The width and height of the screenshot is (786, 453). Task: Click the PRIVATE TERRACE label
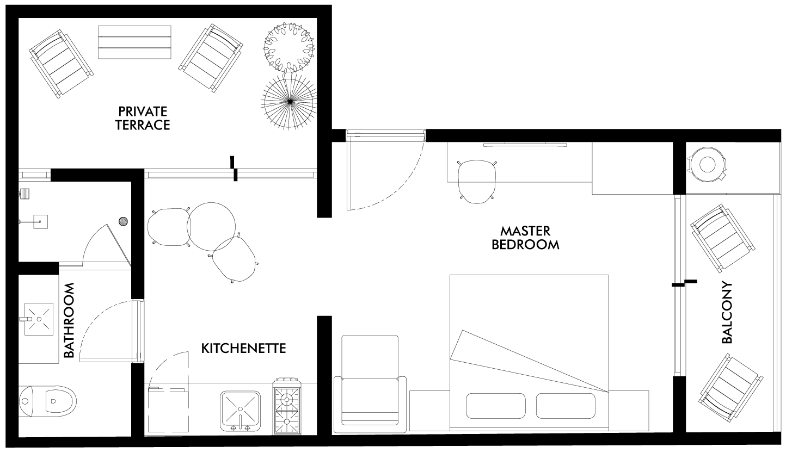point(143,118)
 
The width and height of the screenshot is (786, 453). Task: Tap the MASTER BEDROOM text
point(525,238)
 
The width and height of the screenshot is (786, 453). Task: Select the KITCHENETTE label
point(243,348)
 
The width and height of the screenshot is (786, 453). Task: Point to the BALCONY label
point(727,312)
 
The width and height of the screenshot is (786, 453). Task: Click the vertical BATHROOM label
point(69,320)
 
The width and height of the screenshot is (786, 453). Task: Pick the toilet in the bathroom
point(47,401)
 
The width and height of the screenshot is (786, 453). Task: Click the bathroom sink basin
point(39,319)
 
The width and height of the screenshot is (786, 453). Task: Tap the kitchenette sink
point(241,411)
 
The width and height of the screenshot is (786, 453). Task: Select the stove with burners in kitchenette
point(287,406)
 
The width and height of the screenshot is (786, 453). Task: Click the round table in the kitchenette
point(212,226)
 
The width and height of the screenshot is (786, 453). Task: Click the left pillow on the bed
point(496,406)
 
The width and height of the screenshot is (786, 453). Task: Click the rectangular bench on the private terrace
point(135,42)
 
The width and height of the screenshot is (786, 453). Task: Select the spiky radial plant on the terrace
point(289,101)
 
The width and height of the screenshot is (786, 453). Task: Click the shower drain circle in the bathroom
point(123,221)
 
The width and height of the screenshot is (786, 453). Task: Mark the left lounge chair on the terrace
point(61,64)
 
